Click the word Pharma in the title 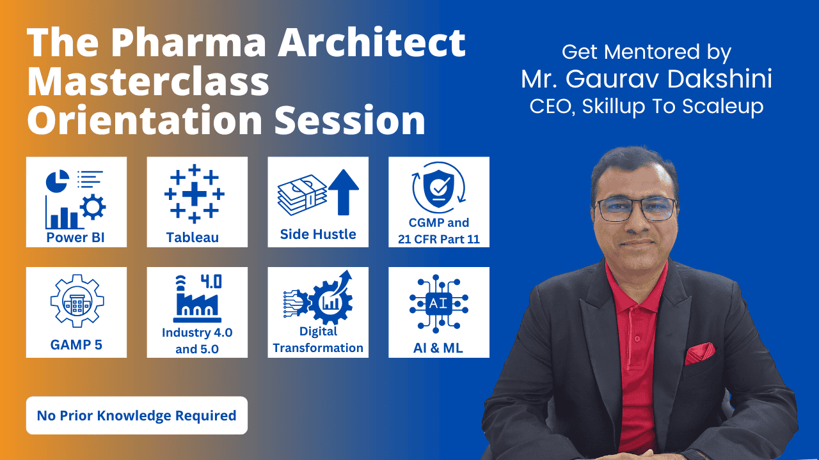pyautogui.click(x=189, y=43)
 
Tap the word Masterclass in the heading pyautogui.click(x=148, y=81)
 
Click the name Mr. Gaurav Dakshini pyautogui.click(x=646, y=79)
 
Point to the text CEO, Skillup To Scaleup pyautogui.click(x=646, y=107)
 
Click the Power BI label pyautogui.click(x=76, y=238)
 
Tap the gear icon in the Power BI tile pyautogui.click(x=93, y=207)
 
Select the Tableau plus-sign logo pyautogui.click(x=194, y=193)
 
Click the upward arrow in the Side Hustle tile pyautogui.click(x=344, y=192)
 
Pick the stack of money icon pyautogui.click(x=302, y=195)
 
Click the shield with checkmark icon pyautogui.click(x=439, y=187)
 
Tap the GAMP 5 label pyautogui.click(x=76, y=345)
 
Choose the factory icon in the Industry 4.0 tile pyautogui.click(x=198, y=299)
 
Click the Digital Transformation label pyautogui.click(x=318, y=340)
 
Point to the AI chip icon pyautogui.click(x=439, y=303)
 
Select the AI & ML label pyautogui.click(x=438, y=348)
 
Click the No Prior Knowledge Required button pyautogui.click(x=137, y=415)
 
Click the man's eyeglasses pyautogui.click(x=635, y=210)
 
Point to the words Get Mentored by pyautogui.click(x=646, y=52)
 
